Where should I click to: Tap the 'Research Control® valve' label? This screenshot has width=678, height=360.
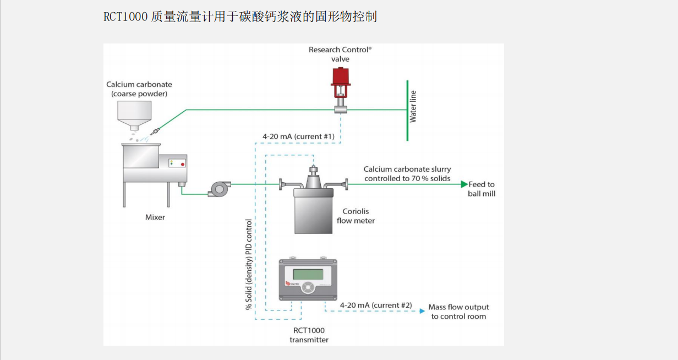340,54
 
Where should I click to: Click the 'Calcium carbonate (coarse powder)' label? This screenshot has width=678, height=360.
139,89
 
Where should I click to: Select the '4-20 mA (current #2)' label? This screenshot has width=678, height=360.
376,305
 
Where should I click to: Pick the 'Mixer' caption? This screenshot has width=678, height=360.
155,217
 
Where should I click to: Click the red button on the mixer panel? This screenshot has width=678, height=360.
183,164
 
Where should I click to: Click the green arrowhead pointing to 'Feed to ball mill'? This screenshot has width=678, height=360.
464,184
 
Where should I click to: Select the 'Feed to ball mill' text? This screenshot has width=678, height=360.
482,189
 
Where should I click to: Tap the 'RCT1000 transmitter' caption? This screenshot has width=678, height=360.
309,335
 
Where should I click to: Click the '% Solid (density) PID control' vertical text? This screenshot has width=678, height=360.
249,264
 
